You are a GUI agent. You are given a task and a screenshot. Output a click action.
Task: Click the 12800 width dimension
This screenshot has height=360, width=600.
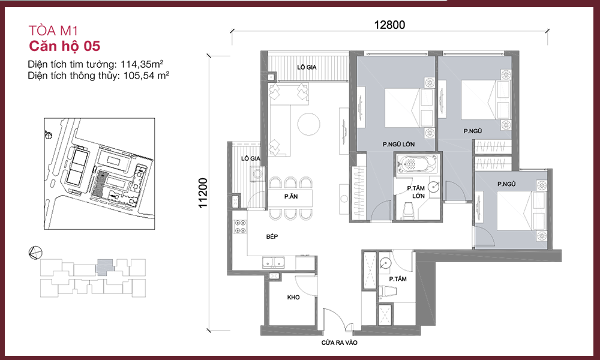click(x=389, y=25)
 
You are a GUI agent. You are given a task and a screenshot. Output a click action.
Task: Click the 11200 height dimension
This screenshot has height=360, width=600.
click(x=203, y=193)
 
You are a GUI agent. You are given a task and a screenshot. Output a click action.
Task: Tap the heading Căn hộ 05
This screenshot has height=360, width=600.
click(x=65, y=46)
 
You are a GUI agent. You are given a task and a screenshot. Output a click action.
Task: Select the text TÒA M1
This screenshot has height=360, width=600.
click(x=53, y=31)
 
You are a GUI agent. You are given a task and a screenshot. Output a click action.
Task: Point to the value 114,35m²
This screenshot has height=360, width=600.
click(x=142, y=64)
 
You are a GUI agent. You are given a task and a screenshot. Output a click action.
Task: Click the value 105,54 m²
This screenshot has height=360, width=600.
click(x=146, y=76)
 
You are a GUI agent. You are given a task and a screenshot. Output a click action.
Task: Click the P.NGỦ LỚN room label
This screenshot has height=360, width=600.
click(x=398, y=144)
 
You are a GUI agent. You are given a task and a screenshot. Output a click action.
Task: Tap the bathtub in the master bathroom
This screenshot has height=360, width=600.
click(x=418, y=164)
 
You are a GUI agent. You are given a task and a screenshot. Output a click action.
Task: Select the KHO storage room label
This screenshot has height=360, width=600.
click(x=293, y=297)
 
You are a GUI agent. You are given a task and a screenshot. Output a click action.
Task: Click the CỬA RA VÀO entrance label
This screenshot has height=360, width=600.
click(x=340, y=343)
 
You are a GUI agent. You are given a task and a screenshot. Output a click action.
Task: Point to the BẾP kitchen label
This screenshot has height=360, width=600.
click(x=272, y=237)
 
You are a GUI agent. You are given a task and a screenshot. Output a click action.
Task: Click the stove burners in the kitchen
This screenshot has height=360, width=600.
click(x=241, y=226)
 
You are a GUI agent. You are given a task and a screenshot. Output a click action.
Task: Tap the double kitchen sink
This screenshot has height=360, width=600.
click(x=273, y=262)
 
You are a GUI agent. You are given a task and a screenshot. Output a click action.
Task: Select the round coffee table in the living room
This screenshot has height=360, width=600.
click(x=308, y=124)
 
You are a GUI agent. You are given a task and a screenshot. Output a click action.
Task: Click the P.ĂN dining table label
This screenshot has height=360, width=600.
click(x=291, y=197)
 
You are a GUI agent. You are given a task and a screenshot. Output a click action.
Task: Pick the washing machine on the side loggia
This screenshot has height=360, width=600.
click(x=257, y=174)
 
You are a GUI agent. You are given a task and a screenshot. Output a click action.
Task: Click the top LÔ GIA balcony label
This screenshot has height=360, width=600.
click(x=307, y=67)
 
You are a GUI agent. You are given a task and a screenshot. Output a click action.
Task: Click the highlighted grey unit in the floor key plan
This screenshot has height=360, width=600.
click(x=104, y=267)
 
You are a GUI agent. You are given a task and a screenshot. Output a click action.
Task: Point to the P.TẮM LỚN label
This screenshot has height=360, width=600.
click(x=416, y=192)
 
